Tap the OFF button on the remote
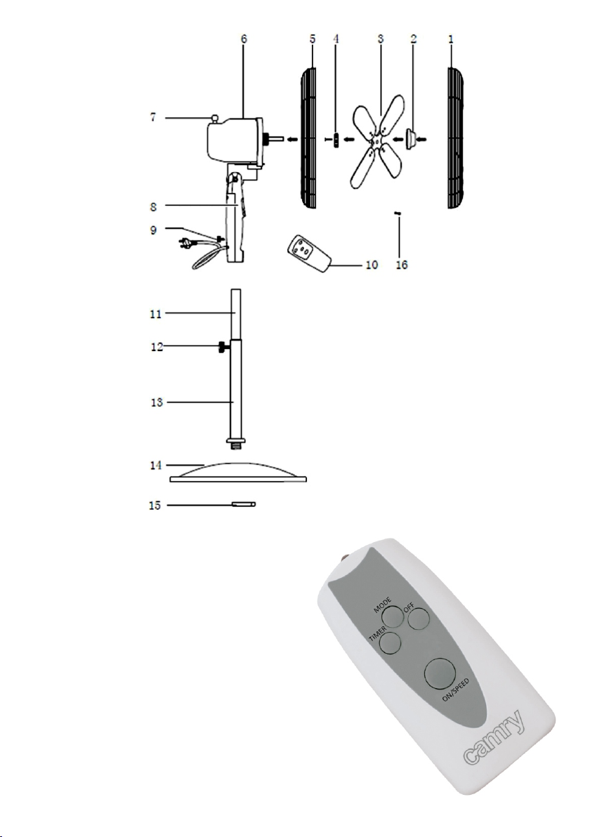tap(419, 619)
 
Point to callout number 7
tap(153, 117)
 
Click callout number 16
tap(402, 265)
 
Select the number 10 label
tap(372, 265)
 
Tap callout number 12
tap(157, 347)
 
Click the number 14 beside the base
tap(155, 466)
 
